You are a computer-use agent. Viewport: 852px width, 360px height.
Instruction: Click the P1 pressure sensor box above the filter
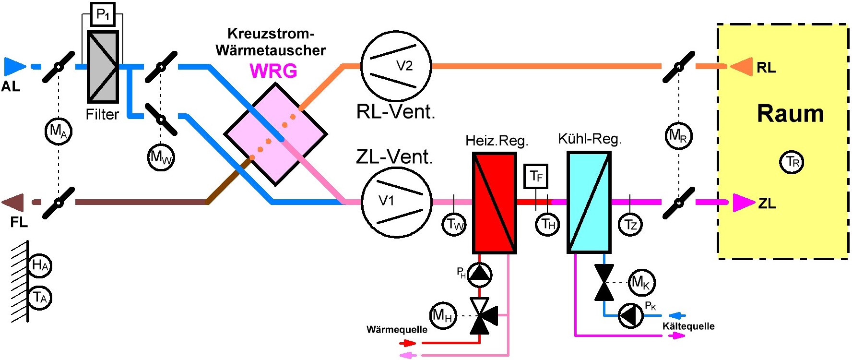coord(103,14)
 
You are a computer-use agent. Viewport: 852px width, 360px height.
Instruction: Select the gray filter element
coord(103,67)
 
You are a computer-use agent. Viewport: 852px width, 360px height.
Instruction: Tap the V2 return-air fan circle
coord(396,66)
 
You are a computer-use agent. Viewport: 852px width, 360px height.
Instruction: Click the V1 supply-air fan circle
coord(396,202)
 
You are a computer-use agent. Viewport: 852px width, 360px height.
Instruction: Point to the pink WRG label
coord(273,71)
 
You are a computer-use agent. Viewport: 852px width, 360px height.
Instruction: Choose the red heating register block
coord(495,203)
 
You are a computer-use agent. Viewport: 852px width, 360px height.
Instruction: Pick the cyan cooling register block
coord(589,202)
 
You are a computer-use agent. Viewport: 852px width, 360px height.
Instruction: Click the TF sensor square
coord(536,176)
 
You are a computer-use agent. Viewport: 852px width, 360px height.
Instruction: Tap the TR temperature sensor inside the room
coord(792,162)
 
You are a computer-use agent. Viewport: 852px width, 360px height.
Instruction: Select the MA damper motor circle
coord(58,131)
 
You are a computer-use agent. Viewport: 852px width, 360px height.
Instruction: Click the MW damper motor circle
coord(161,157)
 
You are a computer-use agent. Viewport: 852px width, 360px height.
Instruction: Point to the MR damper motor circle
coord(678,136)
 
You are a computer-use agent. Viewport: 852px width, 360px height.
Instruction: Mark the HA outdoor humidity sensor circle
coord(40,265)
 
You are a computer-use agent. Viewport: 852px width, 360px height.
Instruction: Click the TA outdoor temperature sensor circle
coord(40,298)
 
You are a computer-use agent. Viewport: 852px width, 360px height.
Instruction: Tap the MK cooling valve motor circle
coord(641,282)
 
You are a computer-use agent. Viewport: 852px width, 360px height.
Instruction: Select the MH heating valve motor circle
coord(442,315)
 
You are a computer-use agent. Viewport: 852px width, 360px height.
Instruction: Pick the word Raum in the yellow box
coord(790,114)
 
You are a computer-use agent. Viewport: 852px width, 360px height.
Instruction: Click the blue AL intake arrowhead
coord(14,67)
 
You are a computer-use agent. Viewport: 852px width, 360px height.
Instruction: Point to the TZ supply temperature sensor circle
coord(630,224)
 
